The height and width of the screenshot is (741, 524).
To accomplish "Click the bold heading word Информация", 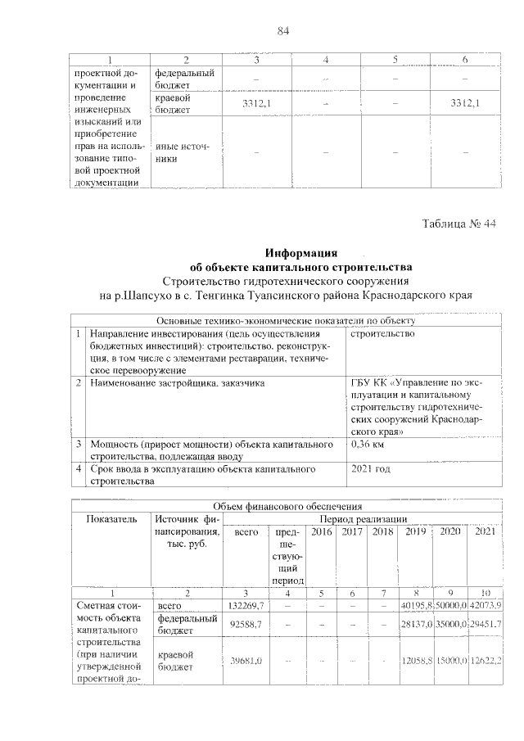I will click(301, 252).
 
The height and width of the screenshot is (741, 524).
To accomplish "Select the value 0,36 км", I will click(368, 445).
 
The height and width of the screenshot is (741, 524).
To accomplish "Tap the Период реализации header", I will click(364, 518).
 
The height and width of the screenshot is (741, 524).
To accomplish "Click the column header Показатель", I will click(111, 519).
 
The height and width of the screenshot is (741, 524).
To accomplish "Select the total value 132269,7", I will click(245, 605).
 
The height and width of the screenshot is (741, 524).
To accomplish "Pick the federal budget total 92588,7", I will click(245, 626).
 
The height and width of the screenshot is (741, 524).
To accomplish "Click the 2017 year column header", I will click(353, 532).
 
